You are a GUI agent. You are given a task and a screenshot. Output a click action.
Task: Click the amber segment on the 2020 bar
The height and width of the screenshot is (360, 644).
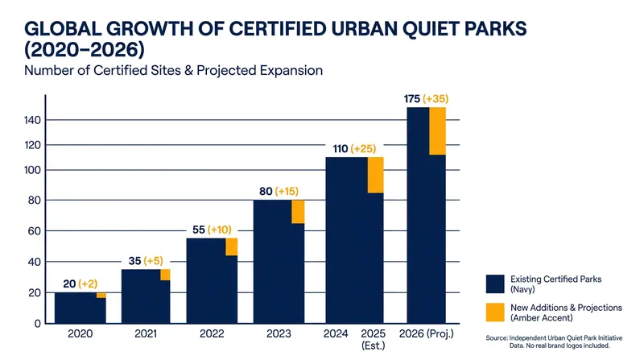click(101, 295)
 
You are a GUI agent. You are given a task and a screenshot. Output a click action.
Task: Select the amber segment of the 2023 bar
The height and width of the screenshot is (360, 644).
click(298, 212)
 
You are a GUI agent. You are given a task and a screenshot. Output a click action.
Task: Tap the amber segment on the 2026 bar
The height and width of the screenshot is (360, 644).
click(437, 131)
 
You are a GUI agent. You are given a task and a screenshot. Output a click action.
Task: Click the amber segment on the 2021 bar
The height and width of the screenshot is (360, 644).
click(165, 275)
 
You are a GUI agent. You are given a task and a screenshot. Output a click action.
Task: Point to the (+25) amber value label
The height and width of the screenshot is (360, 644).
click(364, 148)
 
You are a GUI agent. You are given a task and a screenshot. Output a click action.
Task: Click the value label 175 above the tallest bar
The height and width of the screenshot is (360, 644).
click(412, 98)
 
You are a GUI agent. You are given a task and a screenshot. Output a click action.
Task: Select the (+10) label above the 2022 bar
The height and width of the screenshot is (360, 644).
click(219, 230)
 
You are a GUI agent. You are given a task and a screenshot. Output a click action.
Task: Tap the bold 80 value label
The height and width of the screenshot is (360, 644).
click(266, 191)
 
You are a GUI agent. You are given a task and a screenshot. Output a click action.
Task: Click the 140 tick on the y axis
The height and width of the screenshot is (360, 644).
click(32, 120)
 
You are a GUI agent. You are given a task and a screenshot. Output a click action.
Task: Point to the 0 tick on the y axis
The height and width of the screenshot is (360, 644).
click(37, 324)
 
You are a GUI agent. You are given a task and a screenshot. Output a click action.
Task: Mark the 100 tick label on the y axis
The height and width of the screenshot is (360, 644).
click(32, 170)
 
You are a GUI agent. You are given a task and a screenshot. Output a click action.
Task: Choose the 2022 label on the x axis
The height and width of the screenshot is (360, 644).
click(212, 333)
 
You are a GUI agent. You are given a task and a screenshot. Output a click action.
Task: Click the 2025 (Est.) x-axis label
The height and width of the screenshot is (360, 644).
click(374, 339)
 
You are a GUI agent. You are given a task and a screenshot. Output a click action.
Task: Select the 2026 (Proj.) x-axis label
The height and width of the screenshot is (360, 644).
click(427, 333)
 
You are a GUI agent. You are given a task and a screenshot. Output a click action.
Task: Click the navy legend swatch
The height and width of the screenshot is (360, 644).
click(495, 284)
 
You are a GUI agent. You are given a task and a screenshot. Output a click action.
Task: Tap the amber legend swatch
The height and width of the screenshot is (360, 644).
click(495, 312)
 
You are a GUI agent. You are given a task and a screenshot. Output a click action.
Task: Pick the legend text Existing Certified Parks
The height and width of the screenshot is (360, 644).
click(555, 279)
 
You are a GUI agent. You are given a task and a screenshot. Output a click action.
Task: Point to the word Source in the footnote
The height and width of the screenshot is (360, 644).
click(496, 337)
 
